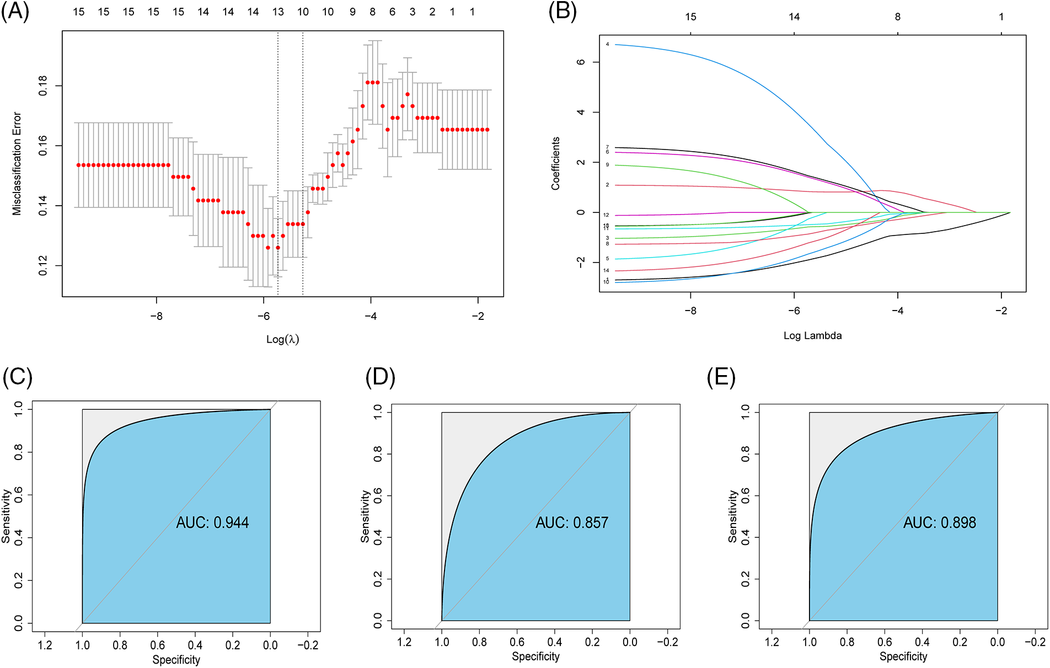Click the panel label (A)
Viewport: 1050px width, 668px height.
coord(15,12)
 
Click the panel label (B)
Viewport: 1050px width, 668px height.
coord(562,12)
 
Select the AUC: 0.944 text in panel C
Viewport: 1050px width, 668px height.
coord(212,522)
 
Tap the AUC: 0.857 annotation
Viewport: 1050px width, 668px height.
coord(572,522)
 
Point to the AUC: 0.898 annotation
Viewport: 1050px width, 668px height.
coord(939,522)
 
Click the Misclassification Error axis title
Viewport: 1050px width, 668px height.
coord(17,163)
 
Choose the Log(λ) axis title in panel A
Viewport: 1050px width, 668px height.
coord(282,339)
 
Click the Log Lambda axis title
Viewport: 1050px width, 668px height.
coord(812,335)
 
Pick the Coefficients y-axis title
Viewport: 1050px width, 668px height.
coord(555,163)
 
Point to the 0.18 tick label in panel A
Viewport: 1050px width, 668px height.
coord(43,86)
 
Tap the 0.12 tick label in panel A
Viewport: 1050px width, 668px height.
coord(43,265)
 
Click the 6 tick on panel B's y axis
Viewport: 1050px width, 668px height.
coord(581,62)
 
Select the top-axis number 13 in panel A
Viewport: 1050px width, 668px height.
coord(278,12)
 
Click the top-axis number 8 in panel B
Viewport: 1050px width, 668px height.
coord(898,17)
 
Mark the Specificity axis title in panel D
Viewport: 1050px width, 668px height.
coord(535,656)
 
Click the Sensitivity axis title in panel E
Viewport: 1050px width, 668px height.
coord(732,516)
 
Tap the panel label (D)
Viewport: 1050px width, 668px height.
coord(381,377)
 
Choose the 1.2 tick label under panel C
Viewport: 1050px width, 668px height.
coord(45,645)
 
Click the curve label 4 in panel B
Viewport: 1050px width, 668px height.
coord(607,44)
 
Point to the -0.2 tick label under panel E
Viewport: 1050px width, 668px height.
coord(1035,642)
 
